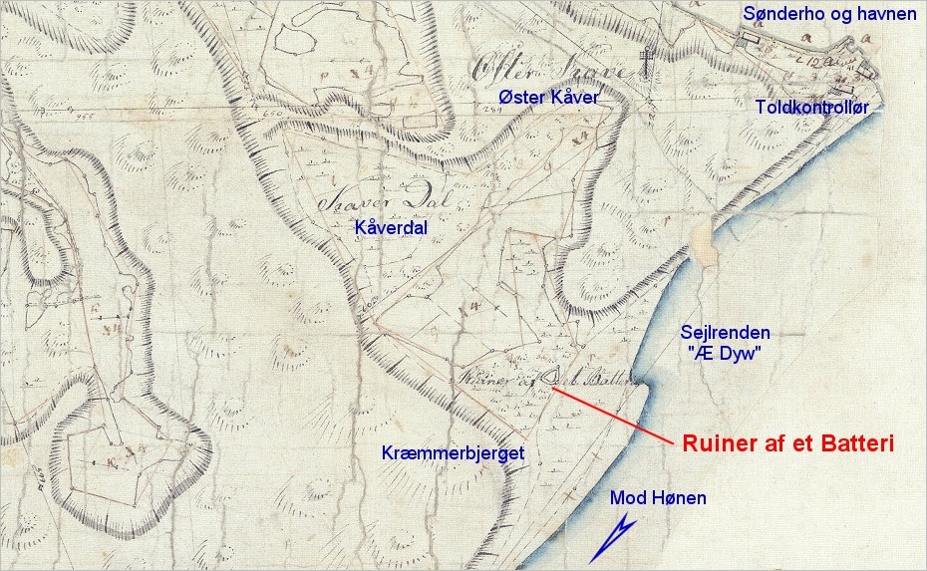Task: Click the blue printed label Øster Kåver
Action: (548, 97)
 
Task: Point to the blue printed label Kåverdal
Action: (392, 228)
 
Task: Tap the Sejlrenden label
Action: (725, 333)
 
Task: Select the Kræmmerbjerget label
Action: (453, 453)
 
